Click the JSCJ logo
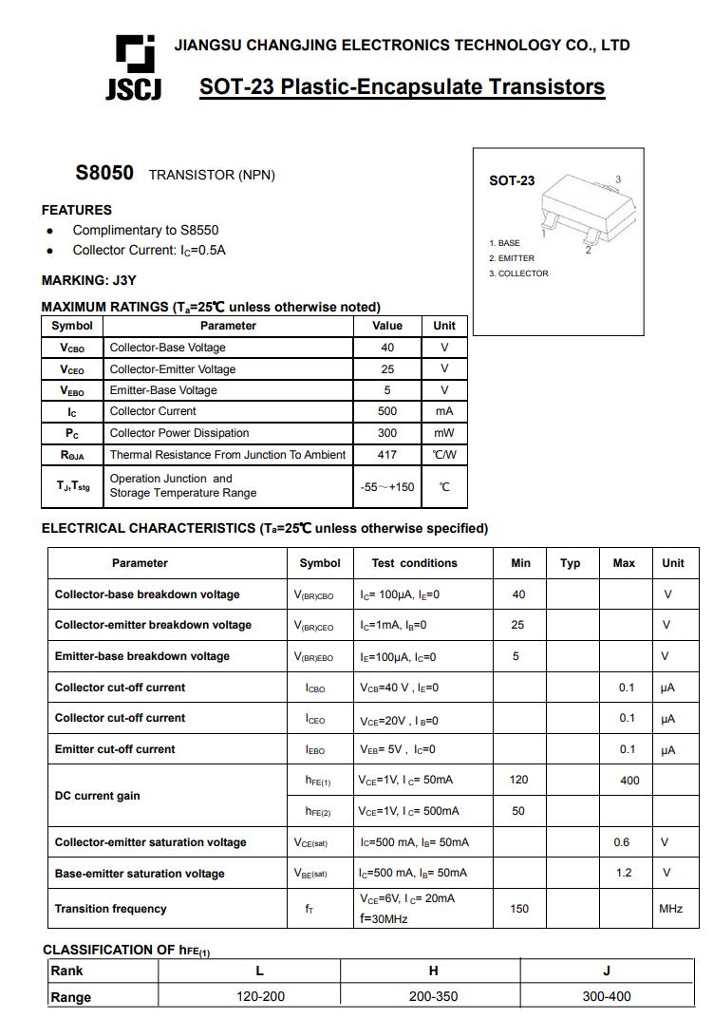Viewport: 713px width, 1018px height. click(x=133, y=67)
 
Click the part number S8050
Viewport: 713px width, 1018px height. click(x=104, y=174)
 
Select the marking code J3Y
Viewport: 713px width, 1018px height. click(x=124, y=280)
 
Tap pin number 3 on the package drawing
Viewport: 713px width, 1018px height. click(x=618, y=179)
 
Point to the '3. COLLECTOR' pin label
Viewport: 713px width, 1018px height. click(x=519, y=273)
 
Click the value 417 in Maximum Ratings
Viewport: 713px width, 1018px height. click(x=386, y=455)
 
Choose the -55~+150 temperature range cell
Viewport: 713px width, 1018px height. click(x=386, y=487)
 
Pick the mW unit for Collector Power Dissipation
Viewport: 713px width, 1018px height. click(x=444, y=433)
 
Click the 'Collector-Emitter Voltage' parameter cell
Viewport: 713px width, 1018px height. click(x=173, y=369)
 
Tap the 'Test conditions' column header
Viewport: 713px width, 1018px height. click(x=414, y=563)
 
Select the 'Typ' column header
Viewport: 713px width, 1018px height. click(x=571, y=563)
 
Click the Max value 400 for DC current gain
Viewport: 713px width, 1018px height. click(x=629, y=781)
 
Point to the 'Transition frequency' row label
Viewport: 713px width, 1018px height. click(x=110, y=909)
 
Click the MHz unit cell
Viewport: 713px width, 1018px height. click(x=670, y=909)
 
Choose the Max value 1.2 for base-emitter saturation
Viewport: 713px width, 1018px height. click(x=624, y=873)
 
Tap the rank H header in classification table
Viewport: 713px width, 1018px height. click(x=434, y=971)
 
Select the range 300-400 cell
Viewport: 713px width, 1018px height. click(x=607, y=996)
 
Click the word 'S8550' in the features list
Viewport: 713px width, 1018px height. click(x=199, y=230)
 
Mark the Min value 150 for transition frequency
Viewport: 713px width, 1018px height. click(x=519, y=909)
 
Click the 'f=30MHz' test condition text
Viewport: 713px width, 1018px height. click(x=384, y=919)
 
